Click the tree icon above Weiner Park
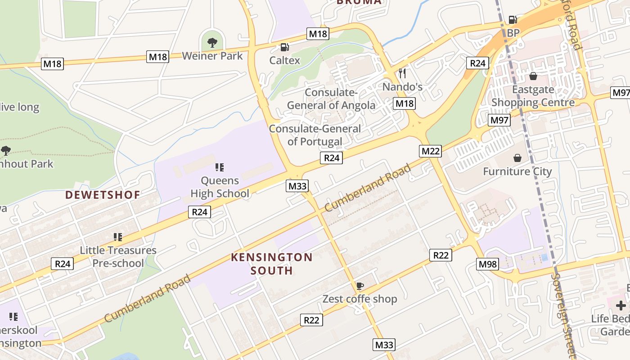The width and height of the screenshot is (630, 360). pos(212,43)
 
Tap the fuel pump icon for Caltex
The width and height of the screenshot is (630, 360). pos(284,47)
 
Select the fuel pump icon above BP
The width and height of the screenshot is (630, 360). pos(513,20)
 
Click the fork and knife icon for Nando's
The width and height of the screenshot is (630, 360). pos(402,73)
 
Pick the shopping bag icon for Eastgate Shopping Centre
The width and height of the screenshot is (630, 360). pos(533,76)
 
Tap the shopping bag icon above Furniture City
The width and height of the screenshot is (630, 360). pos(517,158)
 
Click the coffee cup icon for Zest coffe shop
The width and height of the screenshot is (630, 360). pos(360,286)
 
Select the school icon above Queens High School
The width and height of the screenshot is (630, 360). pos(220,167)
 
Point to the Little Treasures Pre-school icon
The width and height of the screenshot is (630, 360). pos(118,237)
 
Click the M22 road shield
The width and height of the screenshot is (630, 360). pos(431,151)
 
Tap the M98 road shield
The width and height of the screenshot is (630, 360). pos(488,264)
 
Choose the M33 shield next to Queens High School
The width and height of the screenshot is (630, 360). pos(297,186)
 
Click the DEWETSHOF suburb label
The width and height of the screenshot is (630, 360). pos(103,195)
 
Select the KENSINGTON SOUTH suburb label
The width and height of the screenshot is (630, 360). pos(272,264)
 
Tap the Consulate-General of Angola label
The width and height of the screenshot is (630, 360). pos(331,99)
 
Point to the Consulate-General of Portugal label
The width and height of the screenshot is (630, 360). pos(315,135)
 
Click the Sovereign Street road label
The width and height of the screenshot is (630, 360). pos(564,315)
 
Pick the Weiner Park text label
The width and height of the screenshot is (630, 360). pos(212,56)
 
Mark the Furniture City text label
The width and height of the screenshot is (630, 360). pos(517,171)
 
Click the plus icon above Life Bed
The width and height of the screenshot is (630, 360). pos(621,306)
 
